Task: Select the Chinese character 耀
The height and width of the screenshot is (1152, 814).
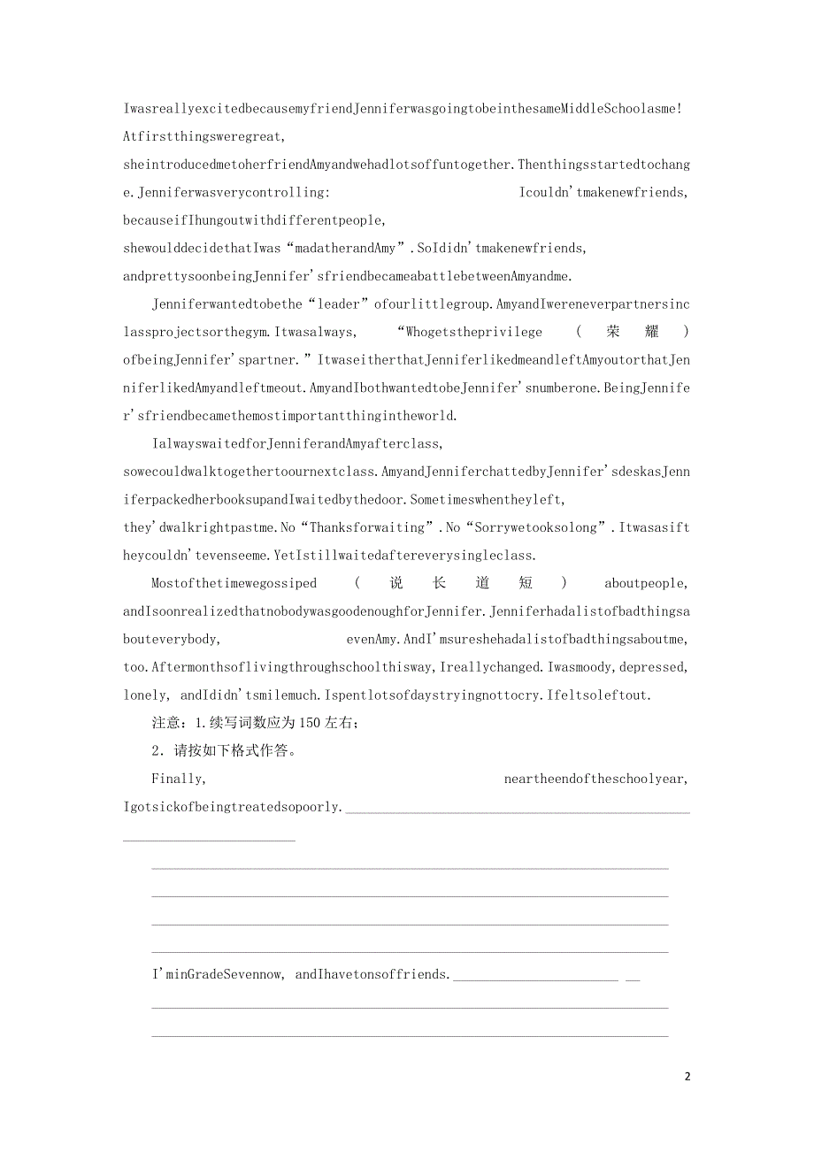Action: click(650, 332)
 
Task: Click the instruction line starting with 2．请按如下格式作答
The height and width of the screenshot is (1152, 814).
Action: click(228, 751)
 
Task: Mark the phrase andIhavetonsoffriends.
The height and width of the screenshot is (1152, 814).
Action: click(372, 974)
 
